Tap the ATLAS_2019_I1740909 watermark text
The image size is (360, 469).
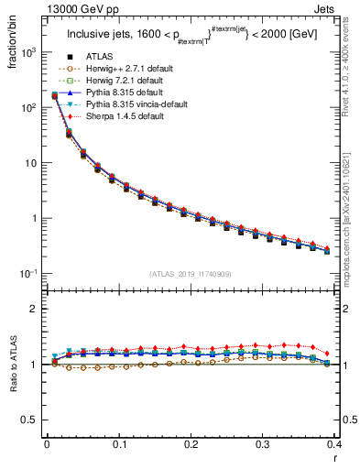click(191, 274)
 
